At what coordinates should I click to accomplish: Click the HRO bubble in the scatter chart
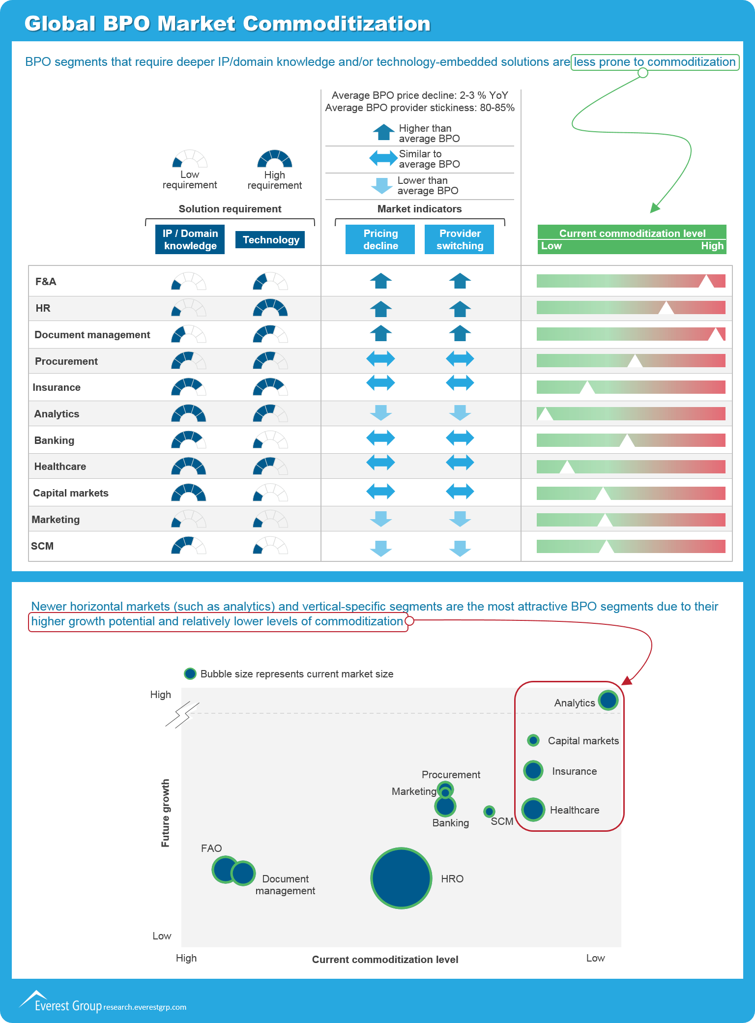401,878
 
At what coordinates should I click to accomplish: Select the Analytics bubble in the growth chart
608,700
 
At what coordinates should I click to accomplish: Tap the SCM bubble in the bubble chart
489,811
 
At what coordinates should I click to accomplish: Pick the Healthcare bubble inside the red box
533,810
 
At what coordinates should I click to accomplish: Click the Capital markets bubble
533,740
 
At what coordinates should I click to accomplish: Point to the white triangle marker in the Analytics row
545,414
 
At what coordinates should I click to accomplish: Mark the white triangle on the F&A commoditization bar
706,282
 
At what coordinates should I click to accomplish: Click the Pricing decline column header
380,239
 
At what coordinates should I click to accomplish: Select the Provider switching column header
460,239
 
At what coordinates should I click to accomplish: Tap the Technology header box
270,240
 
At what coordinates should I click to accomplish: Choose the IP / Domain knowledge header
190,239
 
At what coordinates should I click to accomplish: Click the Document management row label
92,335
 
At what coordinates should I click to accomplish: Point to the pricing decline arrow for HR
380,309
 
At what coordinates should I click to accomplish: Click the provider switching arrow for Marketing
460,519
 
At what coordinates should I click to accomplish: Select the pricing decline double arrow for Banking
380,438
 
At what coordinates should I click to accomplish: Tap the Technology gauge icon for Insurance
270,387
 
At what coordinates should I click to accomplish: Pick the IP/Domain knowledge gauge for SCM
188,546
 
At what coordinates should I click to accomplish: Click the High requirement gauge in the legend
275,159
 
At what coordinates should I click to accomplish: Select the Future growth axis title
166,813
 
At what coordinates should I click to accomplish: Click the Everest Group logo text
68,1006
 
